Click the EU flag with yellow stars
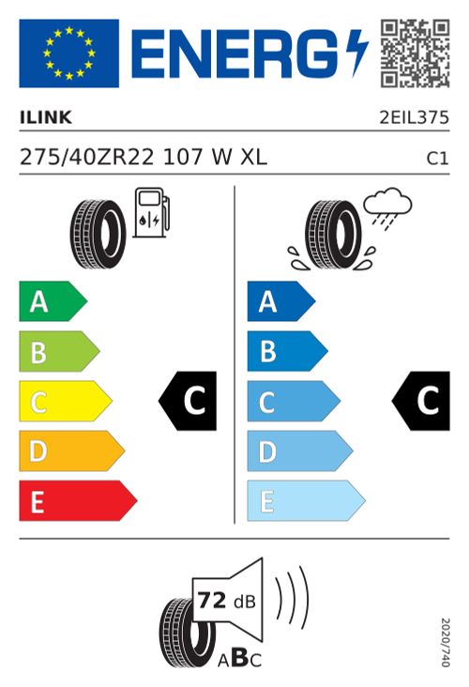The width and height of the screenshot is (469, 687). (68, 53)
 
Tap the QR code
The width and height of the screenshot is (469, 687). (415, 53)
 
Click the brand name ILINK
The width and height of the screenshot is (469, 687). (46, 117)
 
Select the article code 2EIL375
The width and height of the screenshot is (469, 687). (415, 117)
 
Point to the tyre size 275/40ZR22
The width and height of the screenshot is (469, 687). (87, 157)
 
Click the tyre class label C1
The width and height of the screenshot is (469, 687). (438, 159)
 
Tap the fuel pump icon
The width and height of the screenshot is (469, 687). (151, 212)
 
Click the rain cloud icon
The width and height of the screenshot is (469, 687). (388, 206)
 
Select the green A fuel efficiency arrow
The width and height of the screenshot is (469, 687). (53, 301)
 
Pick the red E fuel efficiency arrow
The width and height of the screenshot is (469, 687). (78, 501)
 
